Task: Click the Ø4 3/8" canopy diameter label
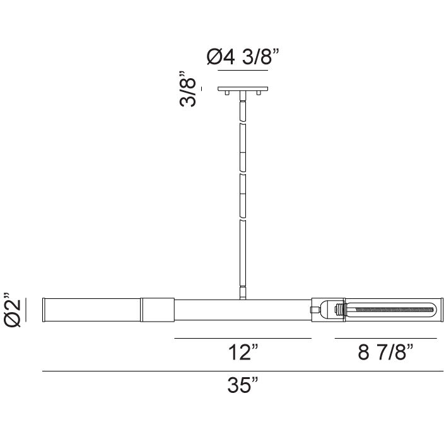click(x=243, y=58)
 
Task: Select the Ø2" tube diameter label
click(x=14, y=310)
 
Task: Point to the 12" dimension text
click(x=243, y=353)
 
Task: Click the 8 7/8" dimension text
click(x=385, y=353)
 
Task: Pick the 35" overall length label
click(x=243, y=385)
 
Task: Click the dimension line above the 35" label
click(x=243, y=371)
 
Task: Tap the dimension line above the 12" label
click(x=243, y=339)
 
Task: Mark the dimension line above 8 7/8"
click(x=385, y=339)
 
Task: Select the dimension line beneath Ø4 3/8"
click(x=243, y=71)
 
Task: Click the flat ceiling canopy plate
click(x=243, y=89)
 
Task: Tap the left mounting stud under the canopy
click(x=226, y=93)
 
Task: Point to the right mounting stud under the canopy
click(x=259, y=93)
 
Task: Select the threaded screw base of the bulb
click(x=341, y=310)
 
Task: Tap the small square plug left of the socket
click(x=313, y=310)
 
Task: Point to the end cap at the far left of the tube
click(x=45, y=310)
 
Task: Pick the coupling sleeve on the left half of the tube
click(x=157, y=310)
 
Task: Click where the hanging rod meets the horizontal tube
click(x=243, y=297)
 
